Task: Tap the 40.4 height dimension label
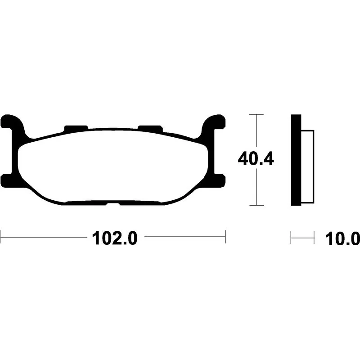pyautogui.click(x=256, y=159)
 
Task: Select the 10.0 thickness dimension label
pyautogui.click(x=342, y=239)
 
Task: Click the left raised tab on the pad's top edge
pyautogui.click(x=76, y=128)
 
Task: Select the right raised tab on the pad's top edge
pyautogui.click(x=150, y=128)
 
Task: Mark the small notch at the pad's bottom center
pyautogui.click(x=113, y=204)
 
